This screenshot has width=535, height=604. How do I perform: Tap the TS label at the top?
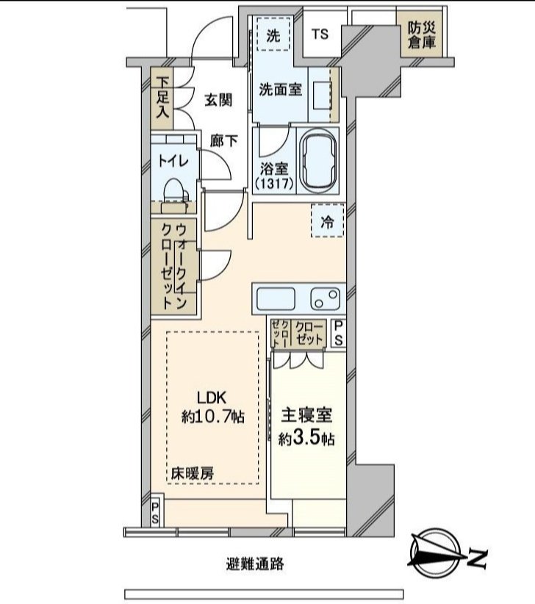pyautogui.click(x=320, y=35)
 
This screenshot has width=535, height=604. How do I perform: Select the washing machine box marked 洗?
pyautogui.click(x=273, y=35)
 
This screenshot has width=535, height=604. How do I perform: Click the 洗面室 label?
pyautogui.click(x=280, y=89)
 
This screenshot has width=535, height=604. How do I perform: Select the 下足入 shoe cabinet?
pyautogui.click(x=162, y=98)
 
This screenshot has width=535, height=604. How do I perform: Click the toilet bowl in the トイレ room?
pyautogui.click(x=175, y=193)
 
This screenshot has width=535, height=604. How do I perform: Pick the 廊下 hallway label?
pyautogui.click(x=224, y=141)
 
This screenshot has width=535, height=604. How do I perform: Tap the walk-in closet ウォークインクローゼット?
pyautogui.click(x=175, y=266)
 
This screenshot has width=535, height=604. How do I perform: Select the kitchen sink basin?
pyautogui.click(x=276, y=299)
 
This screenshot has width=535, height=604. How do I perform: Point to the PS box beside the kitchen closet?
pyautogui.click(x=338, y=333)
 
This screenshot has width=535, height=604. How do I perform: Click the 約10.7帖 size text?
pyautogui.click(x=213, y=417)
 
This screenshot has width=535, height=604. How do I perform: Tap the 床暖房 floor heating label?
pyautogui.click(x=194, y=472)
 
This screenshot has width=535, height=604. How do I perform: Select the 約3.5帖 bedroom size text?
pyautogui.click(x=307, y=439)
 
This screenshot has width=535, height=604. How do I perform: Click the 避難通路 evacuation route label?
pyautogui.click(x=255, y=564)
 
